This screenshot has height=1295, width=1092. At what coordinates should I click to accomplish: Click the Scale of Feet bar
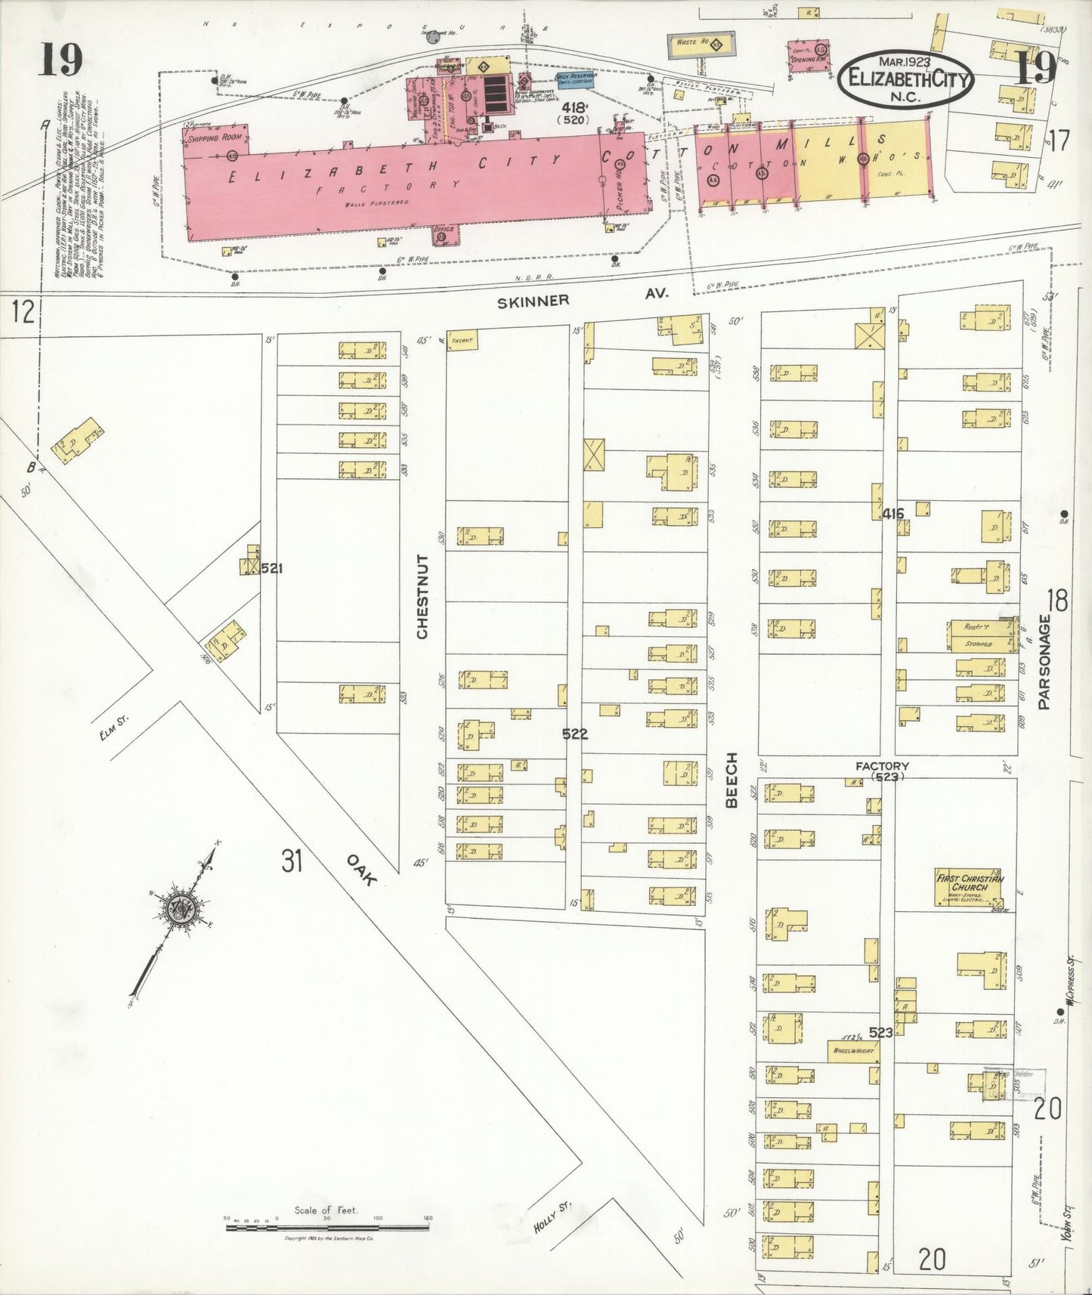(327, 1228)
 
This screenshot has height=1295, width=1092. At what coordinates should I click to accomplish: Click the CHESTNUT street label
(422, 597)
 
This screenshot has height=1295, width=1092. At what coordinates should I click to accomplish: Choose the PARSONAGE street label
(1044, 662)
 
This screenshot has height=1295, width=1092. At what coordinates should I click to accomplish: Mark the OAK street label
(361, 869)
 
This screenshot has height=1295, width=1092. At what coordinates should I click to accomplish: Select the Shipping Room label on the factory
(215, 138)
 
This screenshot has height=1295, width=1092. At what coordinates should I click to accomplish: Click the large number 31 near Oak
(292, 860)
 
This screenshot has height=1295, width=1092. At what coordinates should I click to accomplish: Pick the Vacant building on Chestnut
(462, 341)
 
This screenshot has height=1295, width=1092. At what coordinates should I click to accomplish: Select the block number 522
(574, 733)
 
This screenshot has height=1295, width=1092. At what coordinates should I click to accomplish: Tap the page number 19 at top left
(61, 60)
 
